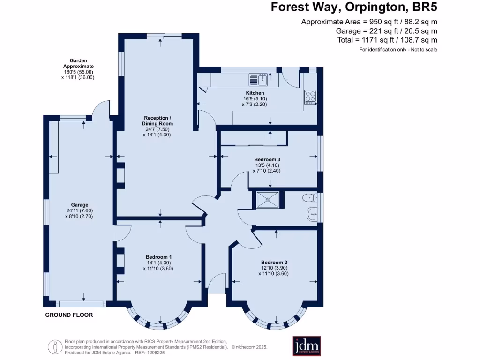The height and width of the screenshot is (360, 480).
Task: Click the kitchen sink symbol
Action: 259,80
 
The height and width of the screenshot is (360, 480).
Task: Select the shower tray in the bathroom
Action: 268,200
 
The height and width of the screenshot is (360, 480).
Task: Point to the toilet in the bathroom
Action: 309,198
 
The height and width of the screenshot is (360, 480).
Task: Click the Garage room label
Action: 80,205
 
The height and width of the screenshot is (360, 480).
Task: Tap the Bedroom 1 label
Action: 158,257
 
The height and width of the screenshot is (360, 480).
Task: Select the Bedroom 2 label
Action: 274,262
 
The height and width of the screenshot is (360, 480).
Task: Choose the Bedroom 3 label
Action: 267,159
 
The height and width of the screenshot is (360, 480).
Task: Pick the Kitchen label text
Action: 255,93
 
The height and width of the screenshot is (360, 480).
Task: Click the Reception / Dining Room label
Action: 157,120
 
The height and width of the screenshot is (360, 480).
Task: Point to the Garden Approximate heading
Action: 78,63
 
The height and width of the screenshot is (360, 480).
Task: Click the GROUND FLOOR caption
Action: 69,315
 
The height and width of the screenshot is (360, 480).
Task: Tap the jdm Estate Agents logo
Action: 307,346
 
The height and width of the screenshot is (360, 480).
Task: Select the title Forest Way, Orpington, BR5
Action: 354,7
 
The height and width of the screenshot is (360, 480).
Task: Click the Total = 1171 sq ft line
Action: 387,40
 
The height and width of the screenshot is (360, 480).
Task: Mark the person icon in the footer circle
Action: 55,347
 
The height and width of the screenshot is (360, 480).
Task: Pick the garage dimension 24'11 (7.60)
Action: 80,210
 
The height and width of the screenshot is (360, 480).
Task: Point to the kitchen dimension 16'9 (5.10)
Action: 255,98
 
